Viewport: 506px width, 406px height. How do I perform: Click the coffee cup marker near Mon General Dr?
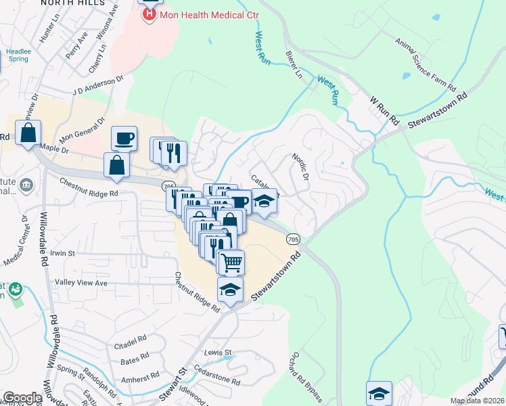tap(124, 138)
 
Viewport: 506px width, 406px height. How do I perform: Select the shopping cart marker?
tap(231, 261)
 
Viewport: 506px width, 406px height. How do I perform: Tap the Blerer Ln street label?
tap(294, 64)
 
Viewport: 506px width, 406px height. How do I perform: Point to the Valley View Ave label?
tap(81, 282)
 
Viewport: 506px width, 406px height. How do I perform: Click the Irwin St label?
tap(62, 252)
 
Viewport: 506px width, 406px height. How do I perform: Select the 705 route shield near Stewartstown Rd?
tap(293, 239)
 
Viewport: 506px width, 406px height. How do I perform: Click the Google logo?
tap(22, 398)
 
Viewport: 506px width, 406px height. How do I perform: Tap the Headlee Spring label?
tap(18, 55)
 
